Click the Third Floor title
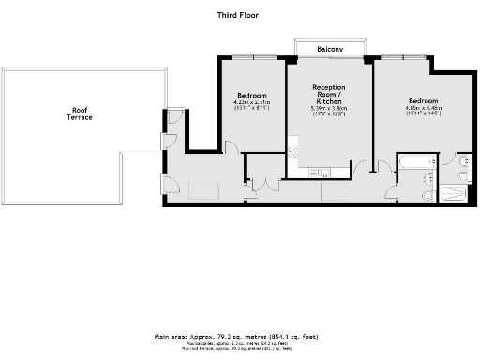240,15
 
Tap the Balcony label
329,49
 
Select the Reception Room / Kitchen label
329,93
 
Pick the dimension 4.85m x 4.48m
424,107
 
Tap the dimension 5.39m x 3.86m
329,108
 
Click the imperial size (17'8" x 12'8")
329,114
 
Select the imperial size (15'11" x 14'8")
424,113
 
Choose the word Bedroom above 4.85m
424,99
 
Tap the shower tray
453,193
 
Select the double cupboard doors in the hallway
258,185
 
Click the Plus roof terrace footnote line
240,349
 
